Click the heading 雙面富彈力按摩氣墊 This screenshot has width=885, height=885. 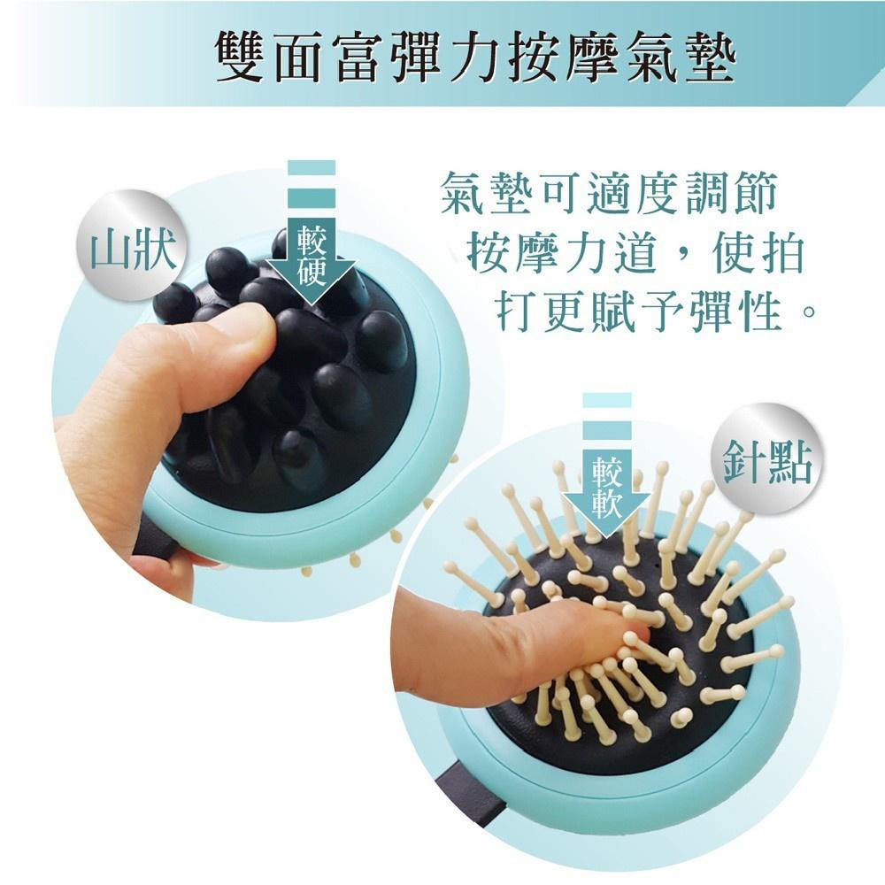[476, 57]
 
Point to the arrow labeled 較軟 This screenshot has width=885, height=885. [607, 466]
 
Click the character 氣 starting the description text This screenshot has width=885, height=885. [463, 193]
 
